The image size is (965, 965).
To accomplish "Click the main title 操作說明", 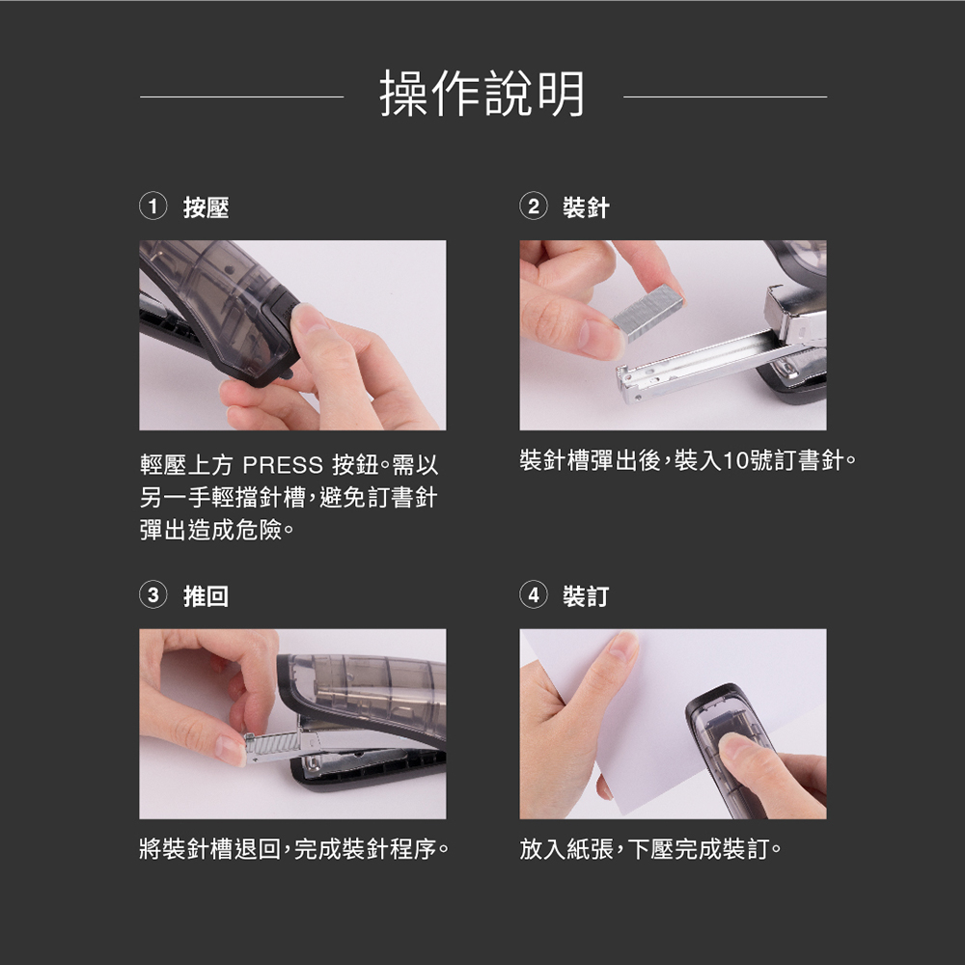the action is (x=482, y=94).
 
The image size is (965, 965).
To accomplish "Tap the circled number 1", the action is (x=153, y=207).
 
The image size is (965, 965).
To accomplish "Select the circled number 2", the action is (x=534, y=207).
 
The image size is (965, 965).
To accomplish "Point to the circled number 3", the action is (x=153, y=595).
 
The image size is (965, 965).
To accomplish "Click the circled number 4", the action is (x=534, y=595).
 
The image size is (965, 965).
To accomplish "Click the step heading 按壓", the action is (x=207, y=207).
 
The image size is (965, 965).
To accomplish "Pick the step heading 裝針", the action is (x=586, y=207).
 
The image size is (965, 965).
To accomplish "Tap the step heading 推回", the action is (x=207, y=596).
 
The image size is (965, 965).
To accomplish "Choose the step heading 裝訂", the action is (x=586, y=596).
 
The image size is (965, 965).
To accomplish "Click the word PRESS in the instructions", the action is (x=283, y=465).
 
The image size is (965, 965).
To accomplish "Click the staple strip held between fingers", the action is (x=648, y=309).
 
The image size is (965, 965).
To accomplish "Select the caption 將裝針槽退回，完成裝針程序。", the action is (x=294, y=849).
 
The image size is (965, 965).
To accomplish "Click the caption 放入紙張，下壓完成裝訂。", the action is (x=650, y=849).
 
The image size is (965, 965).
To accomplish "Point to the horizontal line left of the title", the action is (x=242, y=96).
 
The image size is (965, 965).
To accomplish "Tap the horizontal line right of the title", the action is (x=725, y=96).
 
